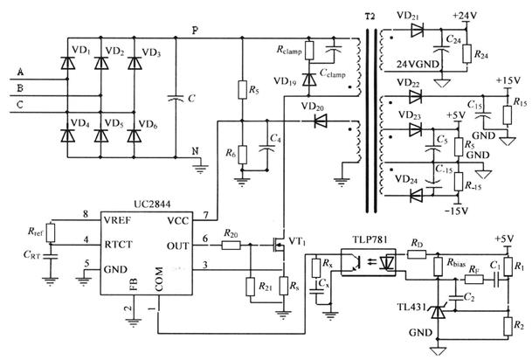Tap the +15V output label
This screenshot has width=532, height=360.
507,81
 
